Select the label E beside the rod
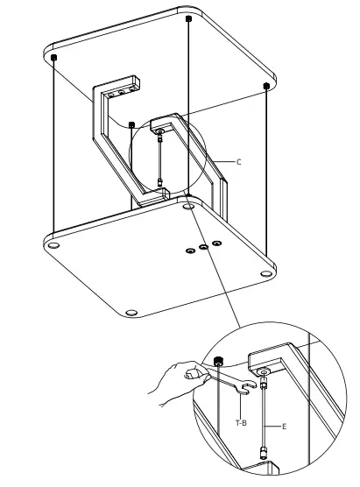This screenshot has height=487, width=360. pos(285,427)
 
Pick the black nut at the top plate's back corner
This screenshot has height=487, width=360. pos(189,18)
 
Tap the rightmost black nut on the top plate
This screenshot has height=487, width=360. pos(265,85)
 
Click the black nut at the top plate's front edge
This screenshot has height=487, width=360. pos(131,124)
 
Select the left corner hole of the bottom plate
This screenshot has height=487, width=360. pos(54,247)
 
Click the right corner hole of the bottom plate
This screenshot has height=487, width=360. pos(265,274)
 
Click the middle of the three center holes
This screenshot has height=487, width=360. pos(203,247)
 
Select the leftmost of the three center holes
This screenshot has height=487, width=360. pos(188,251)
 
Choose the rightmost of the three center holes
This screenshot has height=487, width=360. pos(218,243)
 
